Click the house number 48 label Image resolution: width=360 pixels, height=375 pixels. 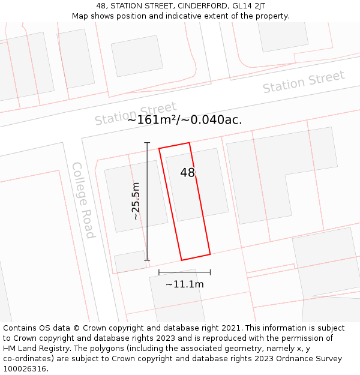pyautogui.click(x=187, y=173)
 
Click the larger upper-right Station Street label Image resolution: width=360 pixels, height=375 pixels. pyautogui.click(x=304, y=82)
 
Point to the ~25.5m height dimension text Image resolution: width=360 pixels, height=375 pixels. pyautogui.click(x=136, y=201)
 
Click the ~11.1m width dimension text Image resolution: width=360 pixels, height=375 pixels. pyautogui.click(x=184, y=284)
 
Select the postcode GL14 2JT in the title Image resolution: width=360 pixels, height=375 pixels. pyautogui.click(x=247, y=6)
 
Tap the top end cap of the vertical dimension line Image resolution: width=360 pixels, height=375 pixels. pyautogui.click(x=147, y=142)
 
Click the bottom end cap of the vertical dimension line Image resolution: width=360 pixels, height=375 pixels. pyautogui.click(x=147, y=260)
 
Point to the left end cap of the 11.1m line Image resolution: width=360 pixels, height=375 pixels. pyautogui.click(x=159, y=272)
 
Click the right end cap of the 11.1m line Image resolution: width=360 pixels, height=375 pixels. pyautogui.click(x=210, y=272)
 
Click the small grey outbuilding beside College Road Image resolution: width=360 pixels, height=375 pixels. pyautogui.click(x=130, y=262)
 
